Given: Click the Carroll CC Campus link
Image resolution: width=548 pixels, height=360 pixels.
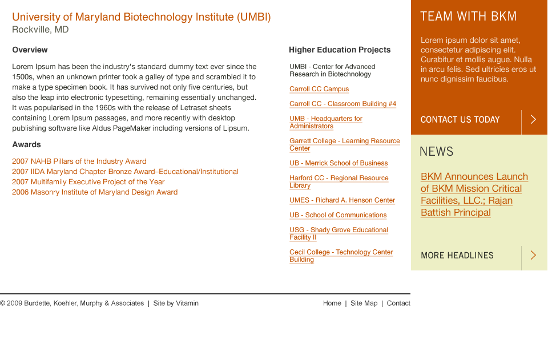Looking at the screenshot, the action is click(x=319, y=89).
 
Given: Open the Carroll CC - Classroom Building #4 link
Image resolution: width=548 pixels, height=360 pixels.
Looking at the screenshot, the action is click(x=343, y=104).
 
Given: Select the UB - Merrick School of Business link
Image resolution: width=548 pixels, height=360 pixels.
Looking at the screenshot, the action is click(x=339, y=163).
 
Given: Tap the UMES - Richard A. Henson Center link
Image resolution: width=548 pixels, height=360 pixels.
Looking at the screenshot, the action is click(x=342, y=200).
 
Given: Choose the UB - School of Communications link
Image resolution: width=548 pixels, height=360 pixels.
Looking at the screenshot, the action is click(x=338, y=215).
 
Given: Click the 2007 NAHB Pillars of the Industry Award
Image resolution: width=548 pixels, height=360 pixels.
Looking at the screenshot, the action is click(x=79, y=161).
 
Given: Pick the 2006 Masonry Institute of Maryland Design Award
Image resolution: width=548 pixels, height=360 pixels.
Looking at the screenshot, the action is click(x=95, y=192).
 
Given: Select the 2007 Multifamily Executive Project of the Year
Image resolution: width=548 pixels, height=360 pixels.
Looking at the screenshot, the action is click(x=88, y=182).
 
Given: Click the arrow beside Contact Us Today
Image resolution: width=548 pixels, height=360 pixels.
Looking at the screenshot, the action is click(x=533, y=119).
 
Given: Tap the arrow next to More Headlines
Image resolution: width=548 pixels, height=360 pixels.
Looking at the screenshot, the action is click(x=533, y=255).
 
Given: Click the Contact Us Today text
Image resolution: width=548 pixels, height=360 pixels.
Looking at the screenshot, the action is click(x=460, y=120).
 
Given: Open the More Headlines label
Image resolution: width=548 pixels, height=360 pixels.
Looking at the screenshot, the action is click(x=457, y=256).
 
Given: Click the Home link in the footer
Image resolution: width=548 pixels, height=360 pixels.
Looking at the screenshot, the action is click(x=332, y=303).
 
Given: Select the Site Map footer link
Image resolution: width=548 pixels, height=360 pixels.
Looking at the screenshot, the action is click(x=364, y=303).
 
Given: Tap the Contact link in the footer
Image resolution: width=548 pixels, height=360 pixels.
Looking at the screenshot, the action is click(x=398, y=303).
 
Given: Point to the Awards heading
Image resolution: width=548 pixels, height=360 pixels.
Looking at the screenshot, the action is click(x=27, y=144).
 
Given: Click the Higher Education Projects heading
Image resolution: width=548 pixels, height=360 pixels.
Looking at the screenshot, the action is click(x=340, y=50).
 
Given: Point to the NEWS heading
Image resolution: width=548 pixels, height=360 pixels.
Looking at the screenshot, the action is click(x=437, y=152).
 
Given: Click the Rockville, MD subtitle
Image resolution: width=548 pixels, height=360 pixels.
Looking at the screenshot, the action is click(x=40, y=30).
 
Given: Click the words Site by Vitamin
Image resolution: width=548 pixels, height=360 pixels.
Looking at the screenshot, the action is click(x=176, y=303).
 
